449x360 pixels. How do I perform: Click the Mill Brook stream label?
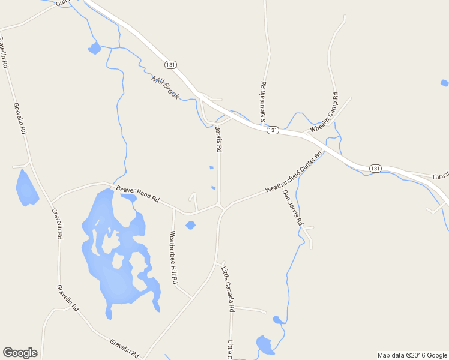(166, 88)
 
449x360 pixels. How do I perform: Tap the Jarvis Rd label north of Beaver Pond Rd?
(219, 139)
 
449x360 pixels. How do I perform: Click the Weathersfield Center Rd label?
(294, 172)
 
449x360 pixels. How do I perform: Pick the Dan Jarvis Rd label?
(292, 208)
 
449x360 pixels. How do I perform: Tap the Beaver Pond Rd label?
(138, 193)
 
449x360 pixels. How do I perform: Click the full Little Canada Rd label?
(228, 289)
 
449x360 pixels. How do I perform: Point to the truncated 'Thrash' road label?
(440, 177)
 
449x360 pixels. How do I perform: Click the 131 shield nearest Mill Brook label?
(171, 63)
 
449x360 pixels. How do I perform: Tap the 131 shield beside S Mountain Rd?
(273, 130)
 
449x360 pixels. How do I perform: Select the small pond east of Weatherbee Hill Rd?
(190, 226)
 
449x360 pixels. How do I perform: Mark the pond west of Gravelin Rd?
(26, 188)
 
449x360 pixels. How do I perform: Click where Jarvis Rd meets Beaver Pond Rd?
(220, 206)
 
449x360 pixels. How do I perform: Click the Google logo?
(20, 353)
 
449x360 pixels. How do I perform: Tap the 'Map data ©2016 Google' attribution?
(412, 355)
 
